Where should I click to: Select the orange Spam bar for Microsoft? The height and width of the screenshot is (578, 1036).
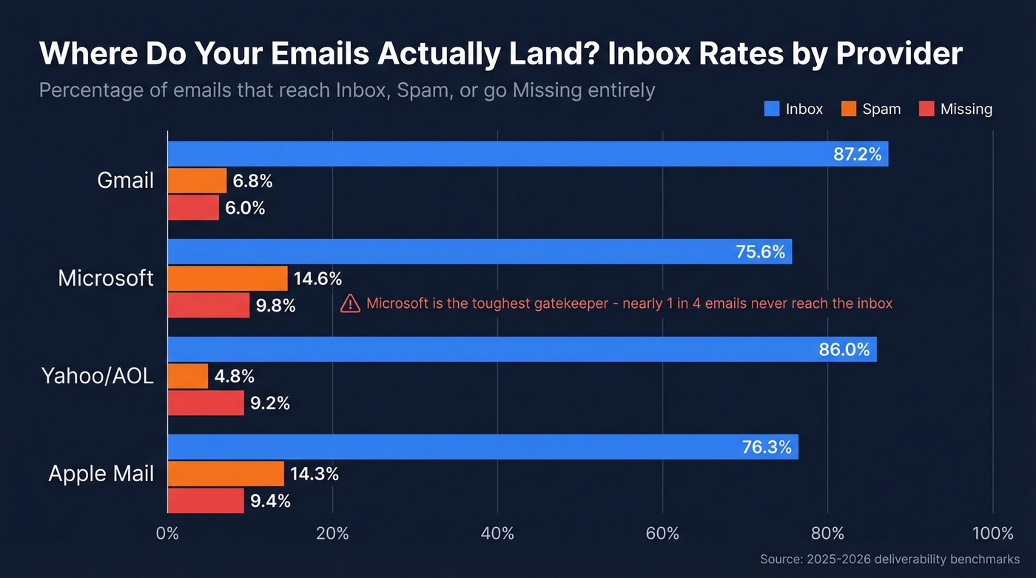pyautogui.click(x=227, y=278)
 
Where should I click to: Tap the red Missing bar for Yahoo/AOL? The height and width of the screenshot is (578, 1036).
pyautogui.click(x=206, y=403)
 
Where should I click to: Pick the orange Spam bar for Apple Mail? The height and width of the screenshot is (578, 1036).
pyautogui.click(x=226, y=474)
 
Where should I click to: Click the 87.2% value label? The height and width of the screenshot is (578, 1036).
pyautogui.click(x=857, y=155)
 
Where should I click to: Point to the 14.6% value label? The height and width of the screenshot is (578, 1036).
pyautogui.click(x=317, y=279)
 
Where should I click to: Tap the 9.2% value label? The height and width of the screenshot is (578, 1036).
pyautogui.click(x=269, y=404)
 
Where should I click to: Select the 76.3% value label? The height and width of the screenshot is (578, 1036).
pyautogui.click(x=766, y=448)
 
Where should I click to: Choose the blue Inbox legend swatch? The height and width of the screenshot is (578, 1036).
pyautogui.click(x=772, y=109)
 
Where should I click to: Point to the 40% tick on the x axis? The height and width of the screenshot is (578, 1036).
pyautogui.click(x=497, y=534)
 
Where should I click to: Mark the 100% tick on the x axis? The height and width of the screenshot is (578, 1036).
pyautogui.click(x=992, y=534)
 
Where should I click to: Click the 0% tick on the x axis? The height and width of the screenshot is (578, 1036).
pyautogui.click(x=168, y=534)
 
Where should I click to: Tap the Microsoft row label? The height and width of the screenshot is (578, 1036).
pyautogui.click(x=106, y=278)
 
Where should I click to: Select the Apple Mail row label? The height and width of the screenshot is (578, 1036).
pyautogui.click(x=101, y=474)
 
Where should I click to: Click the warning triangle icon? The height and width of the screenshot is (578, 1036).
pyautogui.click(x=350, y=303)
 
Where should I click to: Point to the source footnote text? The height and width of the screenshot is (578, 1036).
pyautogui.click(x=889, y=559)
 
